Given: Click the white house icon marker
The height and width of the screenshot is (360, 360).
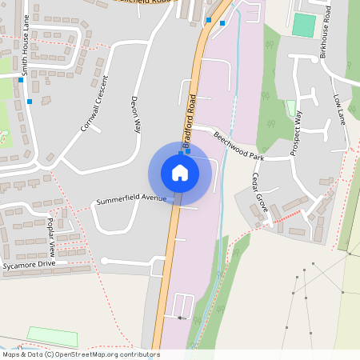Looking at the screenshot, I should tap(179, 173).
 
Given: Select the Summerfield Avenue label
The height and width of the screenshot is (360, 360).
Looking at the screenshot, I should tap(131, 198).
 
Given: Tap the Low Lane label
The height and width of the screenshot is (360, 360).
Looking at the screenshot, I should tap(340, 111).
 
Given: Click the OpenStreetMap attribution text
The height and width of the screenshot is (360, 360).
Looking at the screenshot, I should tap(80, 354).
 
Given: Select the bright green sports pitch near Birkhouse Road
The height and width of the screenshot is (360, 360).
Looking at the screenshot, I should tap(303, 25).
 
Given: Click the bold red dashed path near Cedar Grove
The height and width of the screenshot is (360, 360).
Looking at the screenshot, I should tap(287, 215).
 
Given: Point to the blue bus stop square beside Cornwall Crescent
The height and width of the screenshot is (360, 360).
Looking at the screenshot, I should tap(30, 102).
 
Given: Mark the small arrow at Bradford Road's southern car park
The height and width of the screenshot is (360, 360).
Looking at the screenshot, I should tap(182, 318).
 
